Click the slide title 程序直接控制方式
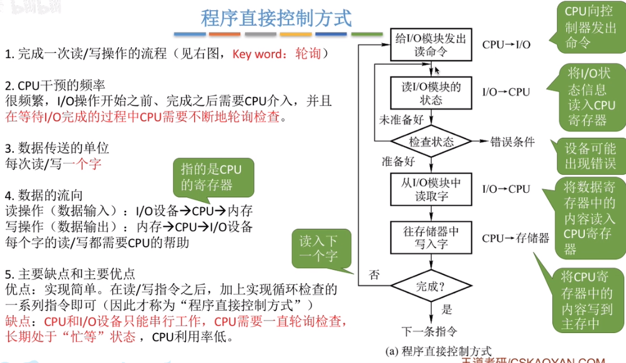pyautogui.click(x=276, y=18)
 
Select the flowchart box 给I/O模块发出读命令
pyautogui.click(x=431, y=45)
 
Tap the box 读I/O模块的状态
pyautogui.click(x=431, y=92)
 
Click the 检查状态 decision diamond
pyautogui.click(x=431, y=141)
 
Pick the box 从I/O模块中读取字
pyautogui.click(x=431, y=189)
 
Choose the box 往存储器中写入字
pyautogui.click(x=431, y=237)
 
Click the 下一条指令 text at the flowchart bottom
pyautogui.click(x=431, y=331)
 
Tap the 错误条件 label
pyautogui.click(x=512, y=142)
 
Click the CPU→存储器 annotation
pyautogui.click(x=516, y=238)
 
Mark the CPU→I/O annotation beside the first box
pyautogui.click(x=506, y=45)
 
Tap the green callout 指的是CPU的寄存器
pyautogui.click(x=207, y=177)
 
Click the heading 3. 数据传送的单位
pyautogui.click(x=57, y=148)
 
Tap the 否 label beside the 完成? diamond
pyautogui.click(x=374, y=274)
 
